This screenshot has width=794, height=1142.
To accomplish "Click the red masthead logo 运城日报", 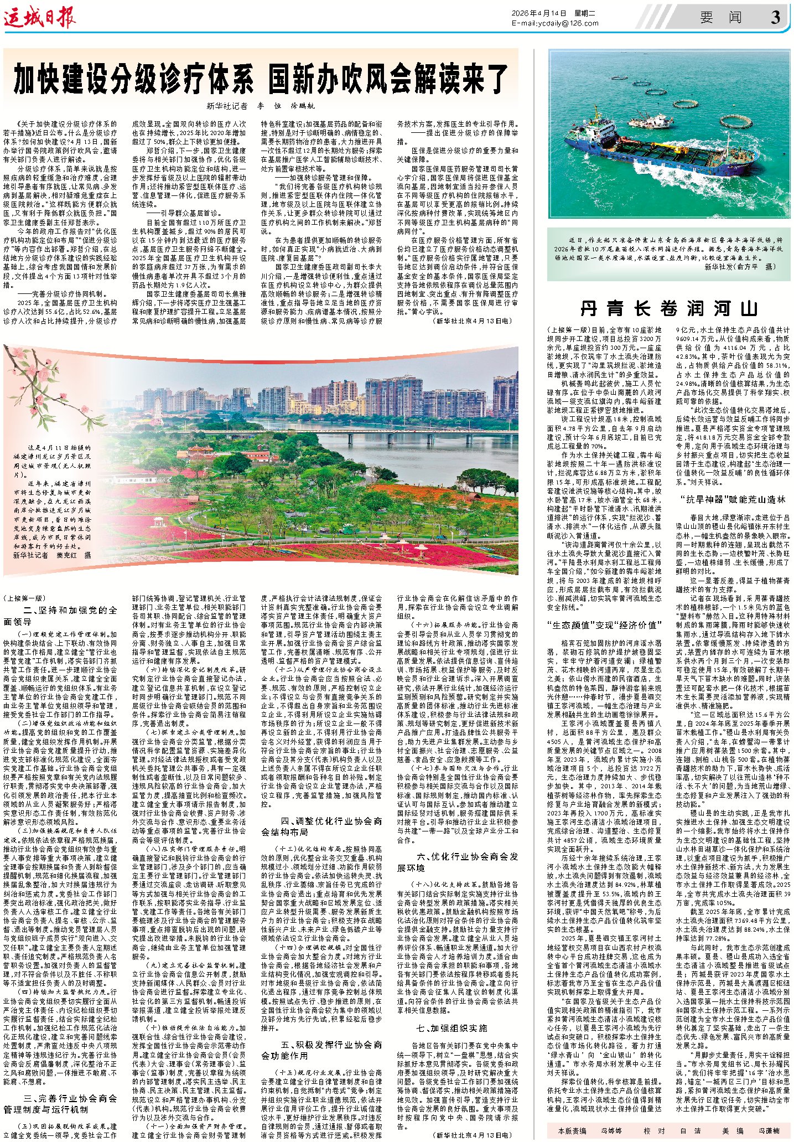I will pos(40,18).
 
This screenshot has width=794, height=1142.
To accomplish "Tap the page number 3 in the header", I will pos(775,18).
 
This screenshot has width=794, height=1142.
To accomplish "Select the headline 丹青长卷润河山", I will pos(668,308).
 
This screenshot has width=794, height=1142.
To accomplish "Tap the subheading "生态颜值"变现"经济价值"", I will pos(604,625).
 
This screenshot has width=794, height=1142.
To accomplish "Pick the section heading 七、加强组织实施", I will pos(452,1028).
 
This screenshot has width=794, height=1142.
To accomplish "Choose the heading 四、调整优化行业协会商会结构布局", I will pos(321,826).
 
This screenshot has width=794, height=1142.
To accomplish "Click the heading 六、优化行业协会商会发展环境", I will pos(457,862).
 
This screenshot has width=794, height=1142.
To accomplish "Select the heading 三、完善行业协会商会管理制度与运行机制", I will pos(60,1104).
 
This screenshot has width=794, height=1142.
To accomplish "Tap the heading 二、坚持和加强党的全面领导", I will pos(60,616).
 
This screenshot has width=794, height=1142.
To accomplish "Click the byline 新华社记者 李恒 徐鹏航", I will pos(260,106).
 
